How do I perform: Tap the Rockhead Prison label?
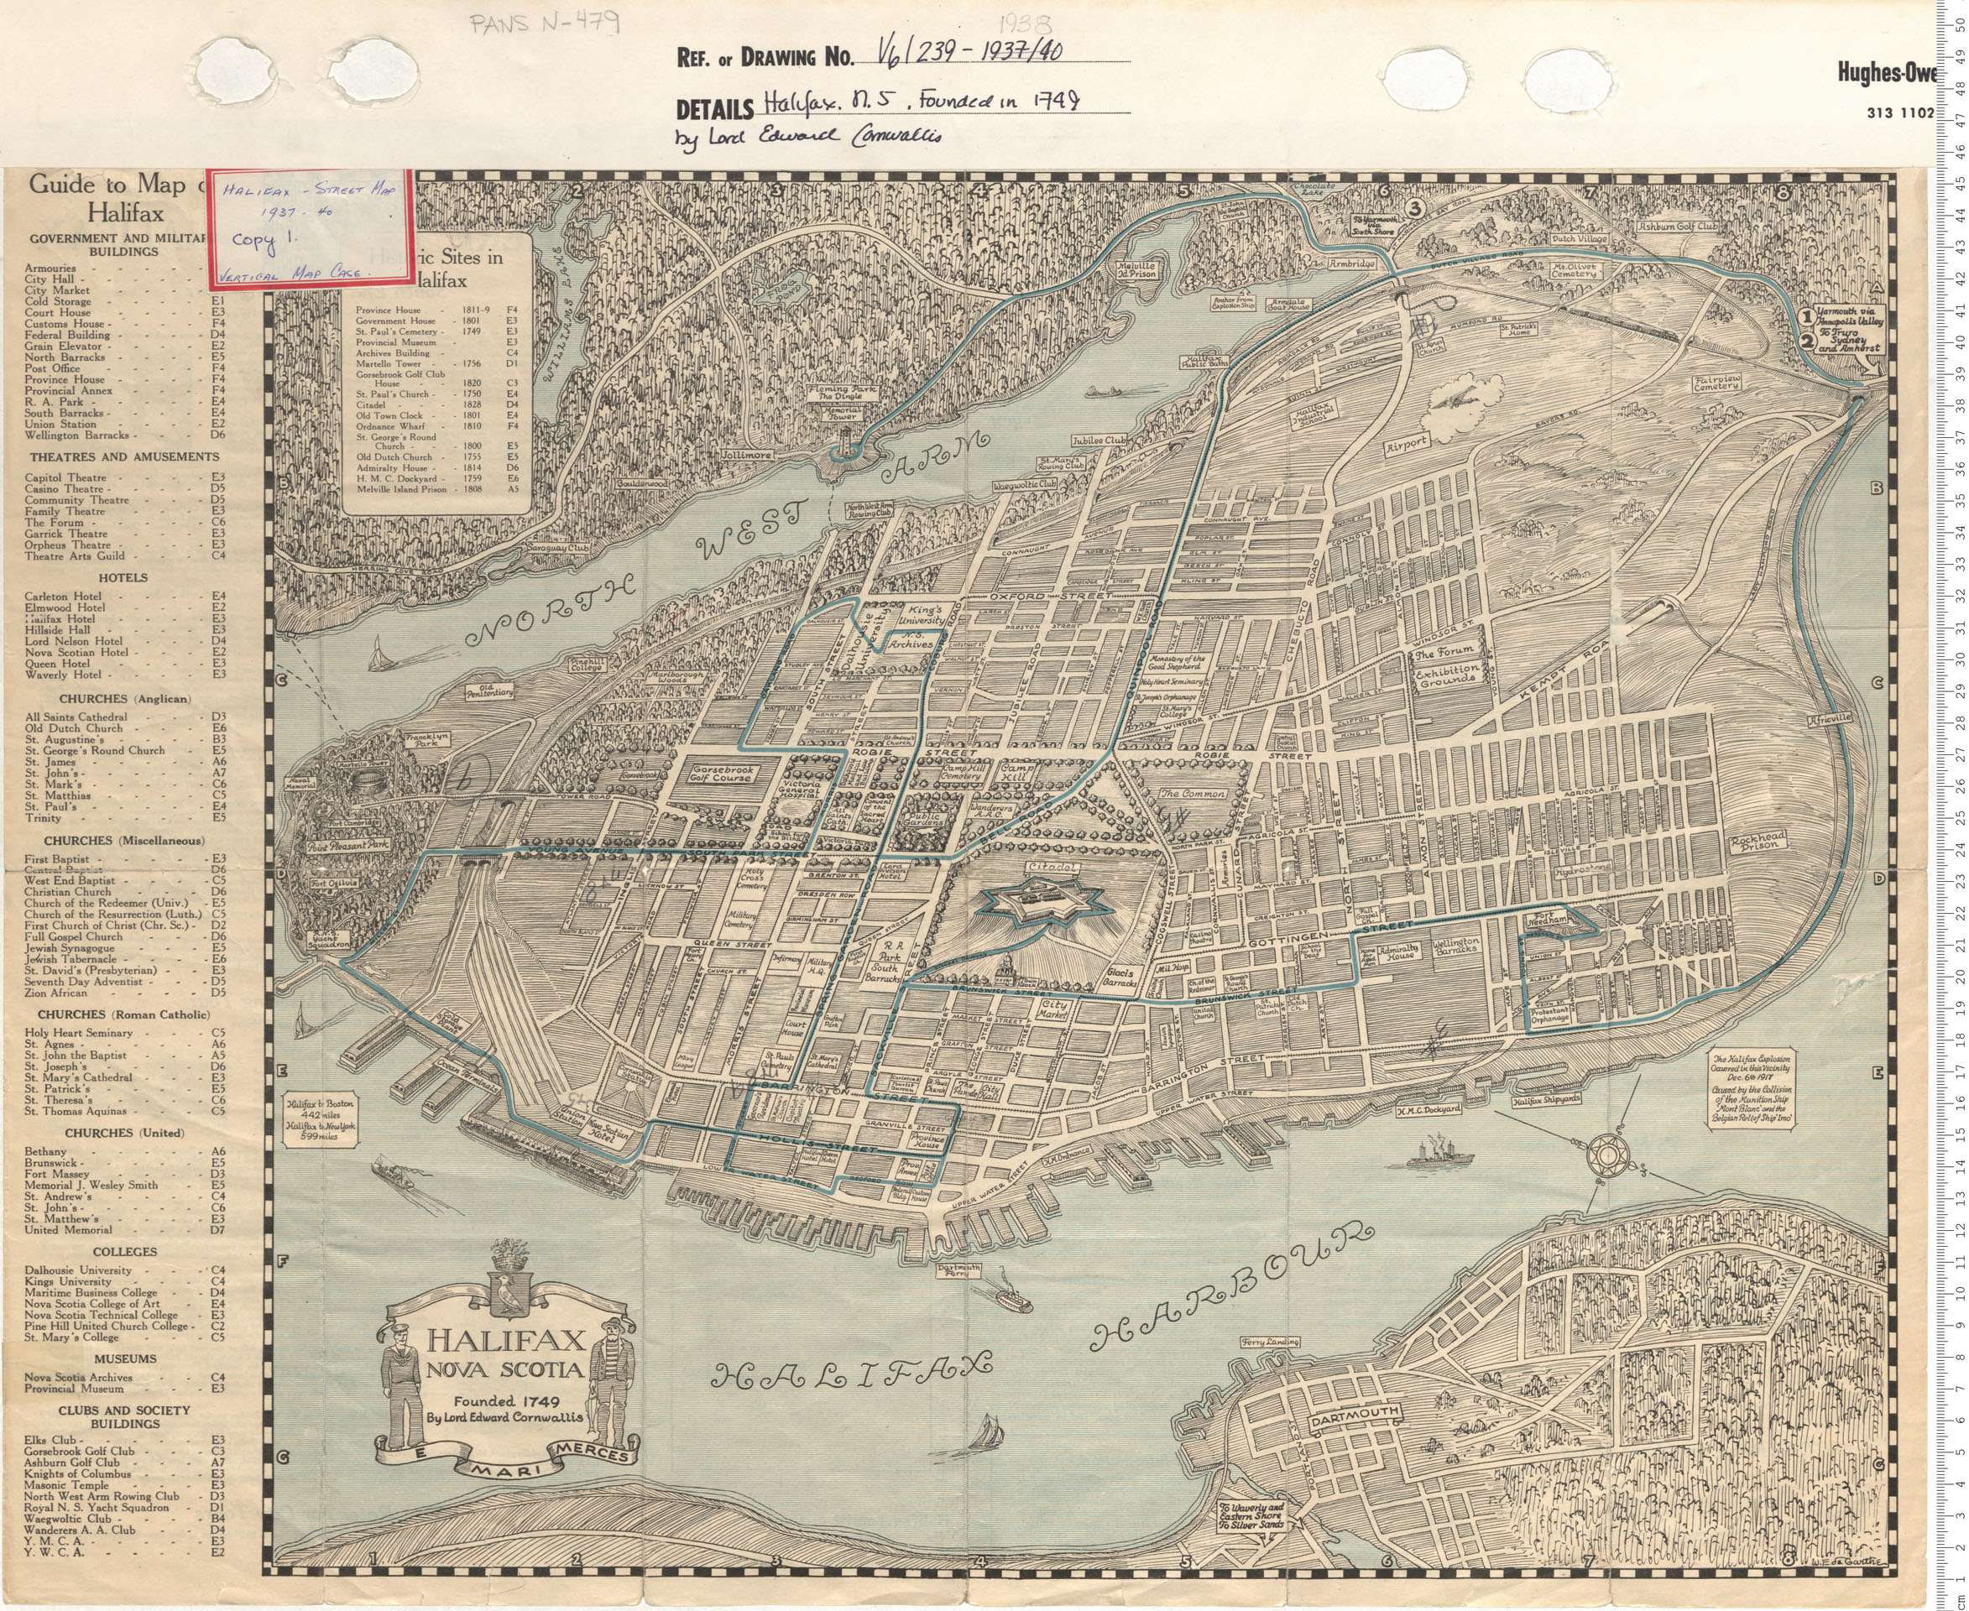click(1757, 842)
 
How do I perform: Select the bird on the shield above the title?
click(509, 1293)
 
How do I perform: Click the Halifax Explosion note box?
click(1751, 1088)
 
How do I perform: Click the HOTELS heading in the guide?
click(123, 577)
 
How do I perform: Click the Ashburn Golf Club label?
click(1678, 226)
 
